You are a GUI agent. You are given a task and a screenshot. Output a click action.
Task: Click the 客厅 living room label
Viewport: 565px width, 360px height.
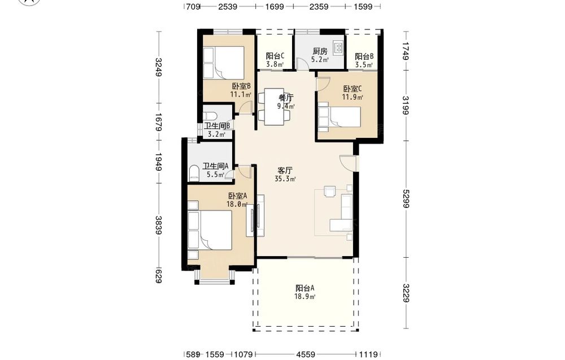tap(285, 170)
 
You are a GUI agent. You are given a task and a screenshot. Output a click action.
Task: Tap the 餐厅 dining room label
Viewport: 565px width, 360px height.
tap(286, 98)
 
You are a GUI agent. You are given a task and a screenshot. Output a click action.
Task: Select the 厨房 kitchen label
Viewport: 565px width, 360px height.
tap(320, 51)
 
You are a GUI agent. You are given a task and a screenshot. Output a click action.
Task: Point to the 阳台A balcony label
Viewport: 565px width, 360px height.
tap(305, 288)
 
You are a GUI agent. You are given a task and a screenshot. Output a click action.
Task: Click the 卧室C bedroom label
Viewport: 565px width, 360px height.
tap(353, 89)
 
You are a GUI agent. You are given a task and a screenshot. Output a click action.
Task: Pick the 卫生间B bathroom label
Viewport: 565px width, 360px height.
tap(218, 126)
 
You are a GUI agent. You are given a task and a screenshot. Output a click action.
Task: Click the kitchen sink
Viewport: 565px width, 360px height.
tap(338, 47)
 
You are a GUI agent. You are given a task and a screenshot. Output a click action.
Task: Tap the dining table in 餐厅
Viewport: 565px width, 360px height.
tap(276, 107)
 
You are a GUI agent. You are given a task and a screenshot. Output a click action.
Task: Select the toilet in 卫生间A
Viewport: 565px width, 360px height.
tap(194, 174)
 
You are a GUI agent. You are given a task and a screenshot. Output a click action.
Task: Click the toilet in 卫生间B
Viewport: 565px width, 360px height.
tap(210, 116)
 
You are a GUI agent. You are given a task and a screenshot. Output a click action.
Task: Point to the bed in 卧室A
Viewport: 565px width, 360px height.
tap(210, 230)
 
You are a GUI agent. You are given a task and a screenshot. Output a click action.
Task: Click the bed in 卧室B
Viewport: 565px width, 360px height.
tap(224, 63)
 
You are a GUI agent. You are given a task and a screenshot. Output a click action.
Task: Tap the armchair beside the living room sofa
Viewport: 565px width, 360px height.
tap(330, 192)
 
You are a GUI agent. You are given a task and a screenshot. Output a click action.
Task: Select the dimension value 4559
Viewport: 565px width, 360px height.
tap(306, 354)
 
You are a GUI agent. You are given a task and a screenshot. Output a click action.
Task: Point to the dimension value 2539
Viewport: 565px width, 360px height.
tap(228, 6)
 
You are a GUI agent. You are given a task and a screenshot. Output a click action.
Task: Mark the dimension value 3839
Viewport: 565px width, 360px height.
tap(158, 225)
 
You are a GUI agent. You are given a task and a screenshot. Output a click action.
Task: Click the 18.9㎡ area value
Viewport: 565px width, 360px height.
tap(305, 297)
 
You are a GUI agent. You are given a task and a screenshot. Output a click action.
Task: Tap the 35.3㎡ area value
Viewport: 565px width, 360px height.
tap(285, 179)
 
